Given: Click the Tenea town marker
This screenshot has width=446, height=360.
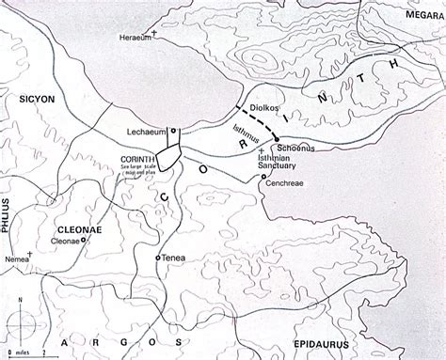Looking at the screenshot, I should click(157, 258).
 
